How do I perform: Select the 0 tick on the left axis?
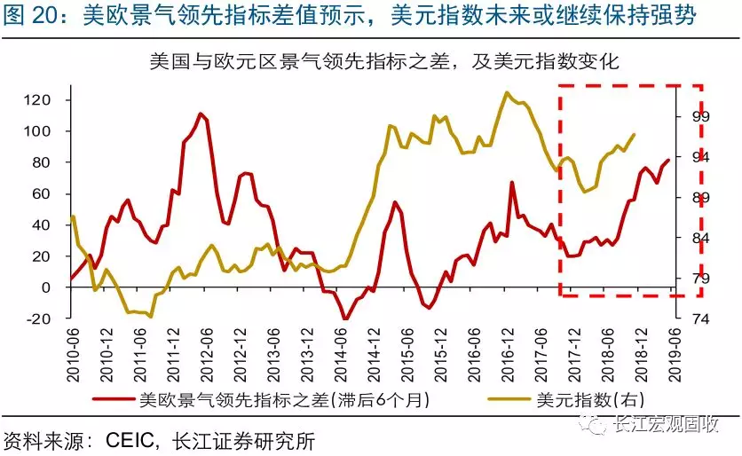pyautogui.click(x=49, y=287)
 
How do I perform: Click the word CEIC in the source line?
pyautogui.click(x=132, y=439)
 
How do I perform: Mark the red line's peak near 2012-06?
pyautogui.click(x=201, y=114)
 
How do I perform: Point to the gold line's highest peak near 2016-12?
pyautogui.click(x=507, y=92)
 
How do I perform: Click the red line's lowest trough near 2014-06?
pyautogui.click(x=345, y=318)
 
